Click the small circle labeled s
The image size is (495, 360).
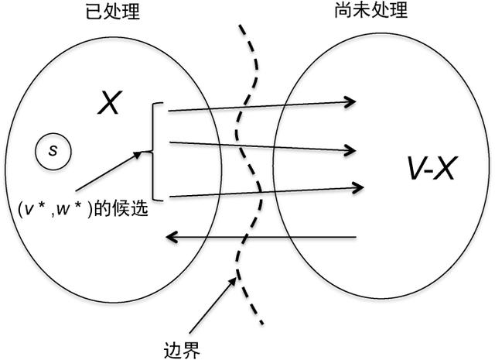click(x=53, y=149)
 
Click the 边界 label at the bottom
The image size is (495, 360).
click(x=183, y=349)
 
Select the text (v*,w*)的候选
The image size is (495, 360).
click(x=82, y=208)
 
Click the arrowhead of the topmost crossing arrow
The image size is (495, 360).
click(x=352, y=101)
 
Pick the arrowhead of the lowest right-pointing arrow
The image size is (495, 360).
click(x=360, y=187)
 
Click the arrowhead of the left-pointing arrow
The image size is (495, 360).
click(x=171, y=236)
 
